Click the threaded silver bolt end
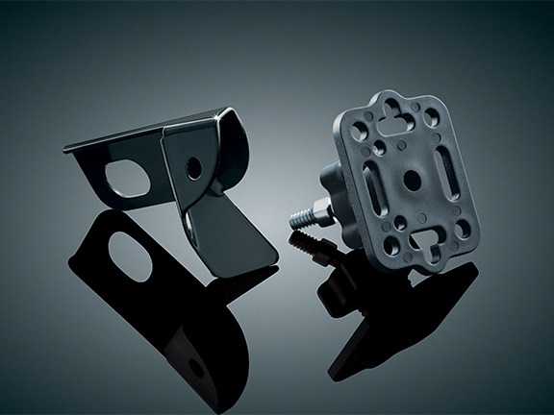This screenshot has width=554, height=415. pyautogui.click(x=302, y=214)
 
